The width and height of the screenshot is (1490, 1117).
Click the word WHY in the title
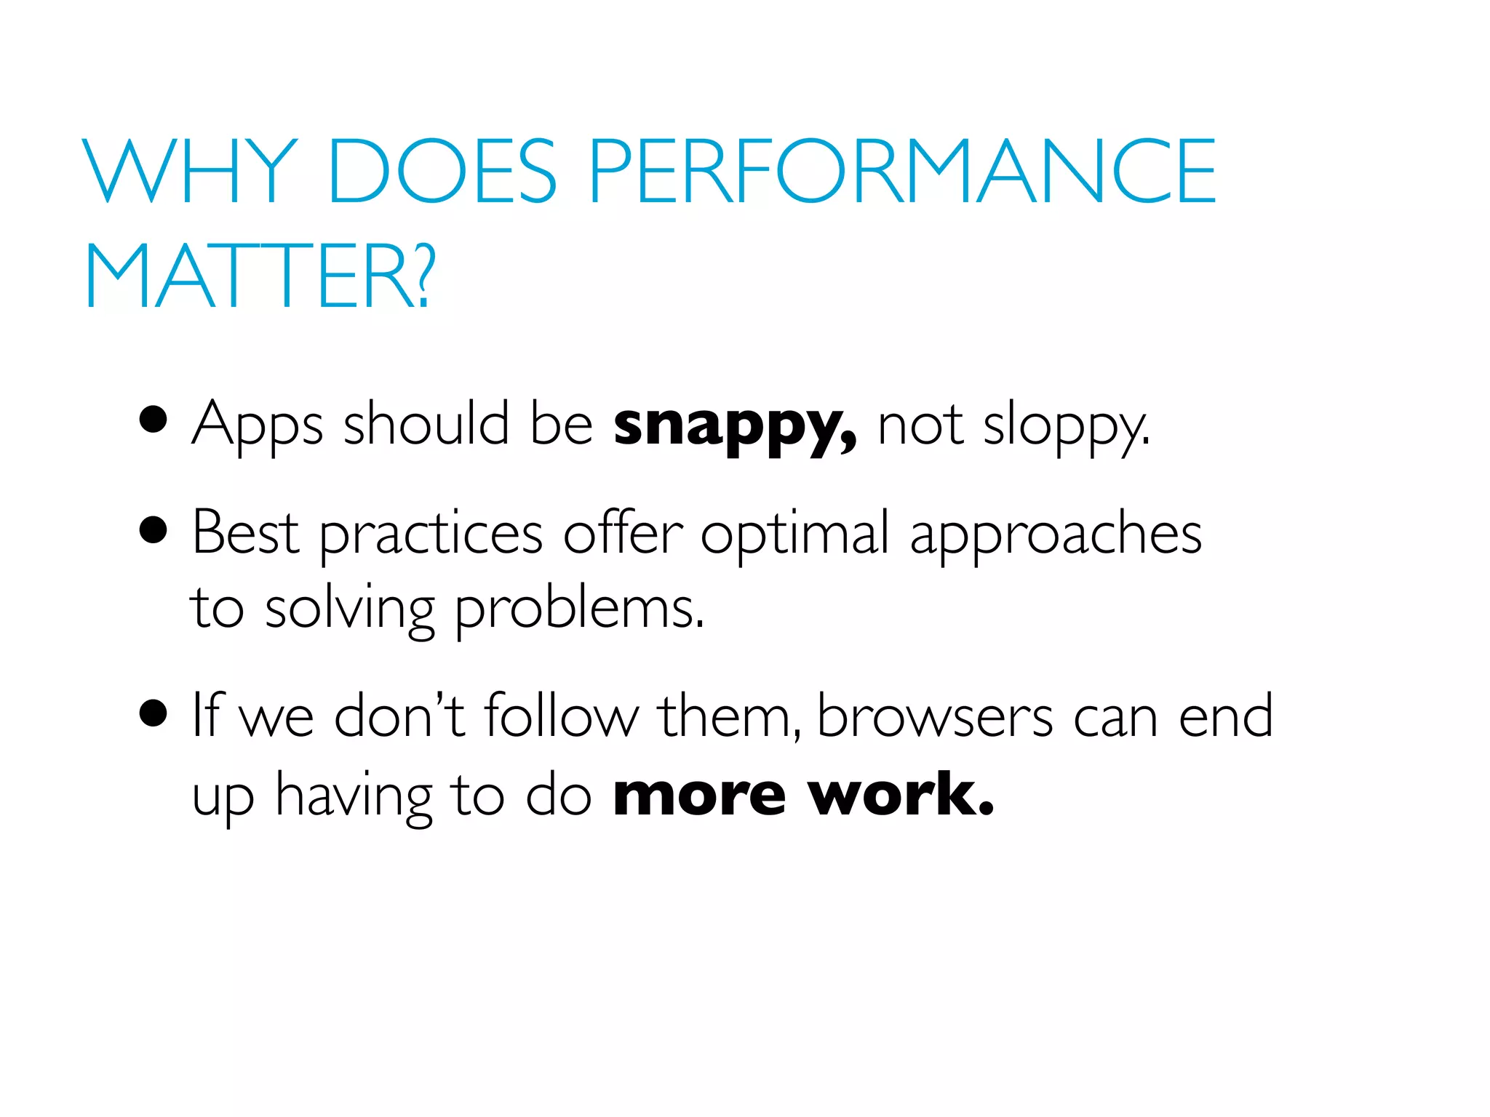pos(191,171)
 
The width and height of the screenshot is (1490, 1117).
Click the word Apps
pos(257,428)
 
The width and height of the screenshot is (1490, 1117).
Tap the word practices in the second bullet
pos(431,537)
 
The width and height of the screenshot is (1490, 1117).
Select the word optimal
pos(794,537)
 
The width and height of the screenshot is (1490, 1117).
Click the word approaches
pos(1055,537)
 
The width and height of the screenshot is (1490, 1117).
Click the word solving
pos(349,611)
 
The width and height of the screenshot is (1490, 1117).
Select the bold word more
pos(699,796)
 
